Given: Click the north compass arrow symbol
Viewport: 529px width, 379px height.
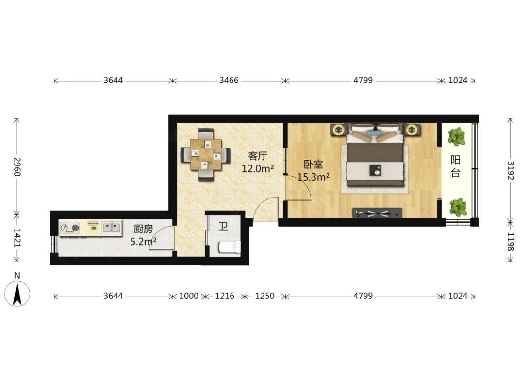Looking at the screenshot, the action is [17, 294].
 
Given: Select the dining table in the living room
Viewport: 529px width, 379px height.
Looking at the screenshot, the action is [205, 154].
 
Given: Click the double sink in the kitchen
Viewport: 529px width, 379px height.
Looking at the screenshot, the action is [112, 227].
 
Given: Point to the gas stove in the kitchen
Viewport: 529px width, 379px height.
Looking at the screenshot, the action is [70, 228].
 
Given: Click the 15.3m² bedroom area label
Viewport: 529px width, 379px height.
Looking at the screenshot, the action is [314, 177].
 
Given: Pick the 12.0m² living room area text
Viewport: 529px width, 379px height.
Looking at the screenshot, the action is [257, 168].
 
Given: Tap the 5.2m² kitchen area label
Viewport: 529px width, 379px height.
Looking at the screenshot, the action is [143, 241].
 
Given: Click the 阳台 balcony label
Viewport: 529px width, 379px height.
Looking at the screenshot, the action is [456, 166].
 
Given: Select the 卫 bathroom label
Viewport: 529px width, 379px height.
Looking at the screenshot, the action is [223, 226].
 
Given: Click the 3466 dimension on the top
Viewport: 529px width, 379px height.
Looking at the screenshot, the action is [229, 81].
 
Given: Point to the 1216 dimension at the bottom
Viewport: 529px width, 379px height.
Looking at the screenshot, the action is [225, 296].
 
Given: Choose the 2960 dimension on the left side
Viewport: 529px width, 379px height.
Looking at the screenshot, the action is [17, 166].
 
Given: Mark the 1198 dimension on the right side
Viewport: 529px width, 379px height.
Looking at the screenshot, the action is [511, 242].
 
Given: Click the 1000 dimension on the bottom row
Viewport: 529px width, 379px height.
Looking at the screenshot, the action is [189, 296].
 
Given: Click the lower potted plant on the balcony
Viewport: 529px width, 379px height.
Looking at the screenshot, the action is [458, 207].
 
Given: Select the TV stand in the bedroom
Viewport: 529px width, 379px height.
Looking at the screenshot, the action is [377, 213].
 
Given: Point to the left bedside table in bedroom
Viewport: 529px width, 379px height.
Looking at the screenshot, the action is [339, 130].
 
